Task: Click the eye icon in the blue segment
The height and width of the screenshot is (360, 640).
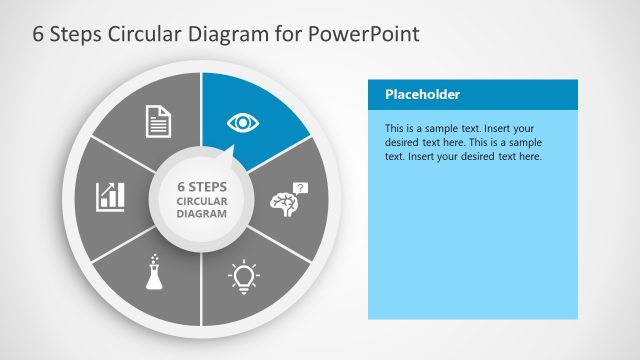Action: tap(241, 122)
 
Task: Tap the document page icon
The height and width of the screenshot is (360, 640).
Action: tap(159, 122)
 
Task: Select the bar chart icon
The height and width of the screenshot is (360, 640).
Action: tap(110, 195)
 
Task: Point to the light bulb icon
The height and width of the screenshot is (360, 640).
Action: tap(243, 275)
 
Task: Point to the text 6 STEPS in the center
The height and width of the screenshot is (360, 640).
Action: tap(202, 186)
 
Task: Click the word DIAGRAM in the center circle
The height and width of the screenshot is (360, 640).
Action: tap(202, 214)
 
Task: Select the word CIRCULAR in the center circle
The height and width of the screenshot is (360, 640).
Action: tap(202, 200)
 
